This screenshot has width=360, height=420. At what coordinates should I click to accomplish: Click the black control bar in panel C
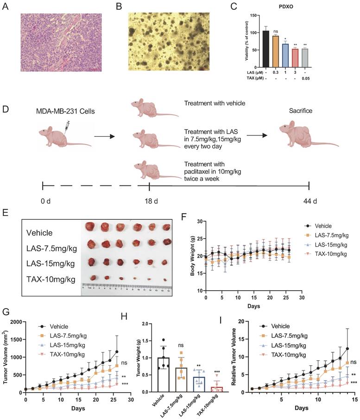tap(265, 49)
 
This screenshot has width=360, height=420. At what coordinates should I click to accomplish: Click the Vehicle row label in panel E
tap(39, 233)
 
